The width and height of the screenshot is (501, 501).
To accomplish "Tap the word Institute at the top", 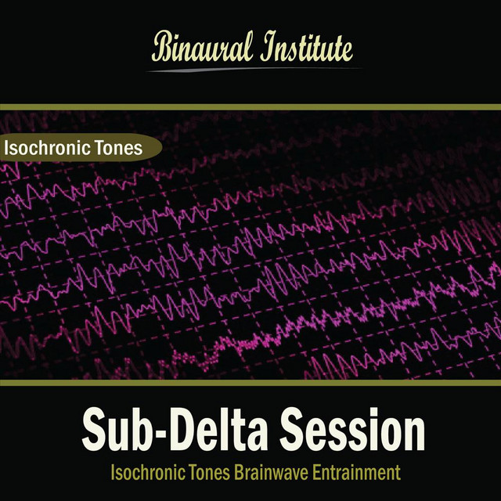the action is [306, 47].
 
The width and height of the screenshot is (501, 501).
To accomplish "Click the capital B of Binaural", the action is [164, 47].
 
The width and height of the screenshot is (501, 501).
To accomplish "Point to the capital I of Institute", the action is [269, 46].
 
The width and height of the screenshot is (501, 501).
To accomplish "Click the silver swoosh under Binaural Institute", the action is [254, 70].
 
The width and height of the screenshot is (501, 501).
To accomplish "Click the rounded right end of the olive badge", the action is [160, 148].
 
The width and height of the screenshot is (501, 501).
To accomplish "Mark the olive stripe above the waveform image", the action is [250, 107].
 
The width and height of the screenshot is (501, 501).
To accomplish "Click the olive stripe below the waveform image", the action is [250, 383].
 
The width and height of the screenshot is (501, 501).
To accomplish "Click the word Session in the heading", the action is [352, 429].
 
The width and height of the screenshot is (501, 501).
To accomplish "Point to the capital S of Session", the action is [294, 430].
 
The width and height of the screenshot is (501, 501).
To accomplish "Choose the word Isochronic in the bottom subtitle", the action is [148, 472].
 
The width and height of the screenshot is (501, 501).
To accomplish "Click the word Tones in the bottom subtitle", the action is [209, 473].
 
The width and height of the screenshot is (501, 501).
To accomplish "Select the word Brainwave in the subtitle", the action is [272, 473].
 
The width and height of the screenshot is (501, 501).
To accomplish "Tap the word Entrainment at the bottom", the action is [356, 473].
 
